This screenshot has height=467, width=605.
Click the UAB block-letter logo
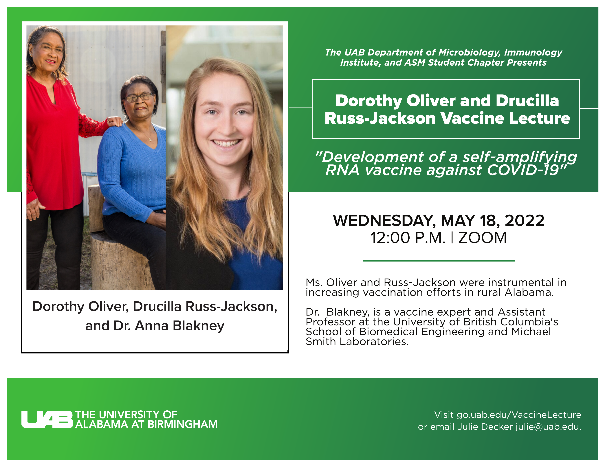click(47, 419)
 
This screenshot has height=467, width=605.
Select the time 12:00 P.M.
click(408, 238)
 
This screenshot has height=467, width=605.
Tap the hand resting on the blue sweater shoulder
click(114, 121)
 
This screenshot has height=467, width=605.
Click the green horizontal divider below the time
click(439, 260)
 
